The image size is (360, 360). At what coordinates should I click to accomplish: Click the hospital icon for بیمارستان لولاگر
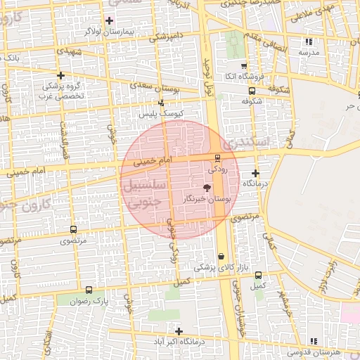pyautogui.click(x=109, y=21)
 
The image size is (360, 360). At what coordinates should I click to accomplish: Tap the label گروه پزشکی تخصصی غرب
pyautogui.click(x=61, y=90)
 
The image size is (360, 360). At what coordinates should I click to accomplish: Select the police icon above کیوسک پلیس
pyautogui.click(x=162, y=103)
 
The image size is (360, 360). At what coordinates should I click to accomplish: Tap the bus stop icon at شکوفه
pyautogui.click(x=252, y=91)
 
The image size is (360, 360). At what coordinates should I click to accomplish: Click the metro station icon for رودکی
pyautogui.click(x=217, y=157)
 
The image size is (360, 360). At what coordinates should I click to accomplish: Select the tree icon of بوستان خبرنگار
pyautogui.click(x=206, y=188)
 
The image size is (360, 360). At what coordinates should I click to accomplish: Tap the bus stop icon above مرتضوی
pyautogui.click(x=74, y=229)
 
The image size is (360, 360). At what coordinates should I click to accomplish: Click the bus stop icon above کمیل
pyautogui.click(x=258, y=275)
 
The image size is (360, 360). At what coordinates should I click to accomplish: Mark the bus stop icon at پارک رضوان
pyautogui.click(x=89, y=290)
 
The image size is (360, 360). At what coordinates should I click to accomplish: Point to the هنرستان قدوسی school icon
pyautogui.click(x=314, y=341)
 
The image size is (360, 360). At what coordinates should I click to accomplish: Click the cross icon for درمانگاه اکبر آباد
pyautogui.click(x=179, y=331)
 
